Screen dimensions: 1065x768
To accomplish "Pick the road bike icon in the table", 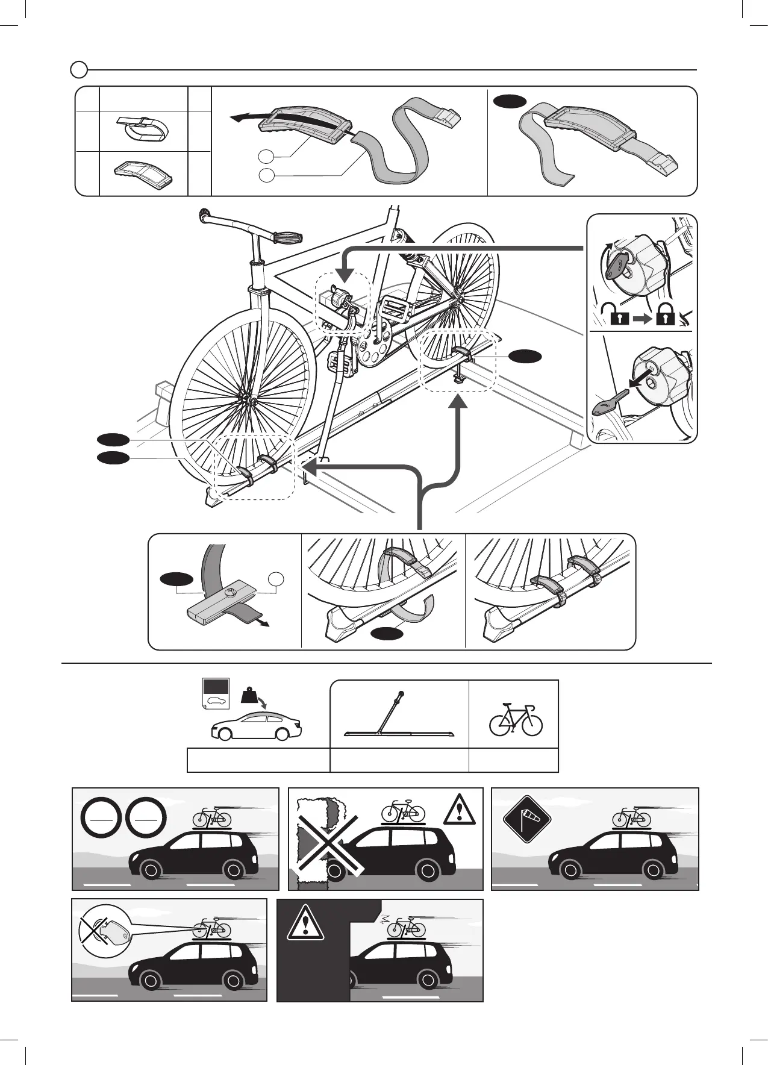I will click(516, 719).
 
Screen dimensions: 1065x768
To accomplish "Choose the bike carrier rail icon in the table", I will click(399, 717).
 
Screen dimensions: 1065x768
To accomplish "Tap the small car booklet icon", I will click(215, 693).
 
